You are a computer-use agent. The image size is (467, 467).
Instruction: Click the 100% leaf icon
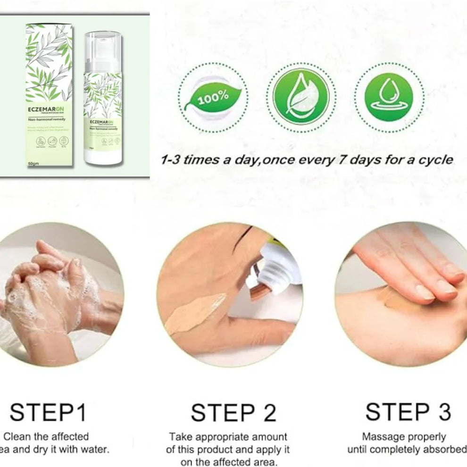(x=213, y=99)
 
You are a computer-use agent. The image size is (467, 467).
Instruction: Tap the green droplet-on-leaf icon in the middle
(x=301, y=98)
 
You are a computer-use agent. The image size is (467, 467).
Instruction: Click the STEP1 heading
(x=49, y=413)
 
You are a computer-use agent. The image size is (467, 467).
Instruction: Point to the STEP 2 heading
(x=233, y=413)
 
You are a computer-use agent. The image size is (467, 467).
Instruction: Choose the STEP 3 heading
(x=408, y=412)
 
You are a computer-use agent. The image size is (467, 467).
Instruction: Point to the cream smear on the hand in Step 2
(x=195, y=313)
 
